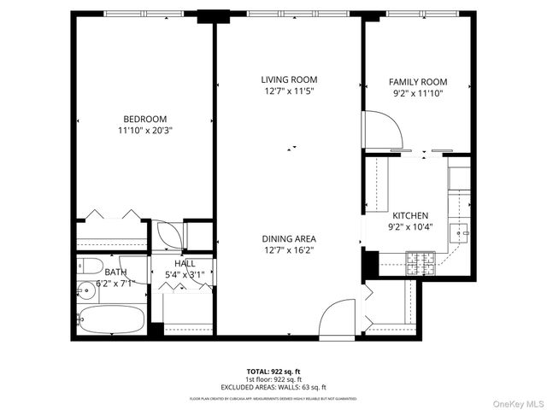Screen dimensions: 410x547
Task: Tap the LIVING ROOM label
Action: [289, 79]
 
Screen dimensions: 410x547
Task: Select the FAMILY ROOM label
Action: [418, 82]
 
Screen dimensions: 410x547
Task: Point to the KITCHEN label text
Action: [410, 216]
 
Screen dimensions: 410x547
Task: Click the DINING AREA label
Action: [289, 238]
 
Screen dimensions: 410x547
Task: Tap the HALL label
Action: [185, 263]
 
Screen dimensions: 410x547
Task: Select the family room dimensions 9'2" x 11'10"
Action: [418, 94]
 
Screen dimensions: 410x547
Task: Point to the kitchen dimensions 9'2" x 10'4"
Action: [410, 228]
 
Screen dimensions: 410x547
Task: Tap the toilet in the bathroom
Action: [91, 264]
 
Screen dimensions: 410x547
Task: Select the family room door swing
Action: [382, 129]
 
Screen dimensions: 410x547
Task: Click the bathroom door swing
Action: [168, 236]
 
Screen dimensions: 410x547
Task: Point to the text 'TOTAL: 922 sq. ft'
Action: [273, 371]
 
